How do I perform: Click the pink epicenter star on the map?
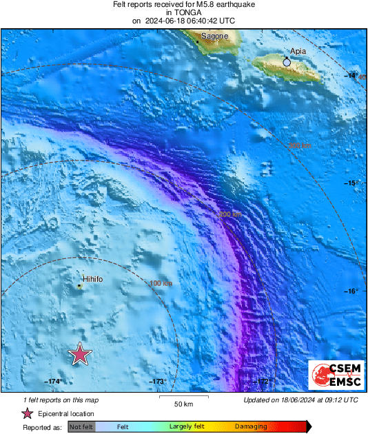coord(81,354)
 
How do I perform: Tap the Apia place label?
coord(298,51)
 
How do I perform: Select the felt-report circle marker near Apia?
coord(287,63)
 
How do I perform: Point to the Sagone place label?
coord(214,36)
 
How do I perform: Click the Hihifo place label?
coord(92,279)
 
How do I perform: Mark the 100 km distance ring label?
coord(161,283)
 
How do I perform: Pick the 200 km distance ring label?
coord(229,215)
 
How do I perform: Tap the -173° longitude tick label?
coord(158,381)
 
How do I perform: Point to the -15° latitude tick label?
coord(351,183)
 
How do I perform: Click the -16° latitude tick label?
coord(351,291)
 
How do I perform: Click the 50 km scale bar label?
coord(182,403)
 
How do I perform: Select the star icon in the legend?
coord(28,413)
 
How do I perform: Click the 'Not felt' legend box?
coord(81,427)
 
